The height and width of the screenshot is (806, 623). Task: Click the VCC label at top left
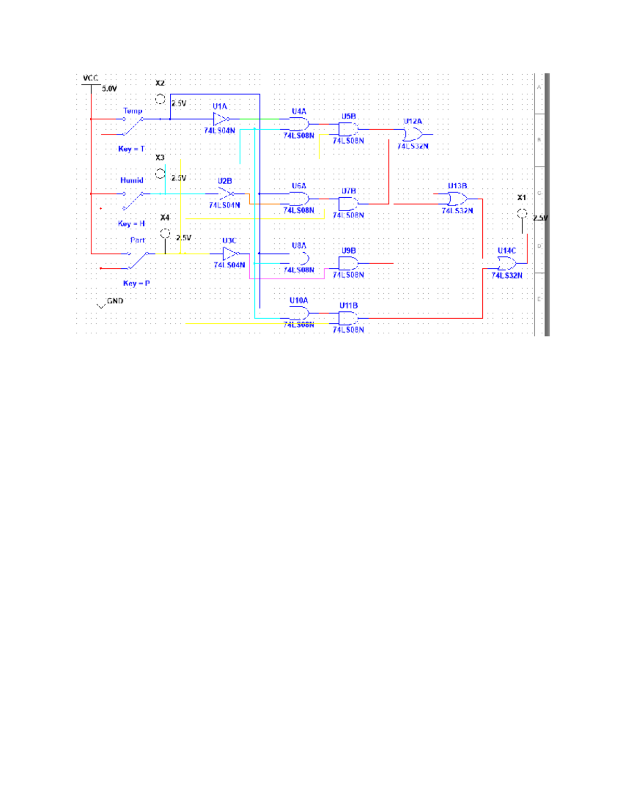coord(90,78)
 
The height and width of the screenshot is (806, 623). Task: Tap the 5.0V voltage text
coord(109,89)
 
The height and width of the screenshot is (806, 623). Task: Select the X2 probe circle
coord(160,99)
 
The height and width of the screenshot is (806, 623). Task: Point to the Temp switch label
coord(133,111)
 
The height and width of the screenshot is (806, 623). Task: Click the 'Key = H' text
coord(131,224)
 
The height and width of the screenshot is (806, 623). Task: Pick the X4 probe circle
coord(165,234)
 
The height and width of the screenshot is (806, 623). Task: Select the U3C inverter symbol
coord(230,254)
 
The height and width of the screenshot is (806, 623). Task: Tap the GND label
coord(115,301)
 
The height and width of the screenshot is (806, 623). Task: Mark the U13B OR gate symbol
coord(457,199)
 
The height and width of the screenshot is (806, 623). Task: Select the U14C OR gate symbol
coord(507,264)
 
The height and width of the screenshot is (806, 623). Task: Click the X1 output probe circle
coord(522,213)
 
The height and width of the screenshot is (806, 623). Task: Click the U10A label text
coord(299,300)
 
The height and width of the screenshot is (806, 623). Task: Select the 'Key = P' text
coord(137,283)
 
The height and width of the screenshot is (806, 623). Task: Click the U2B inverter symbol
coord(225,194)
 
